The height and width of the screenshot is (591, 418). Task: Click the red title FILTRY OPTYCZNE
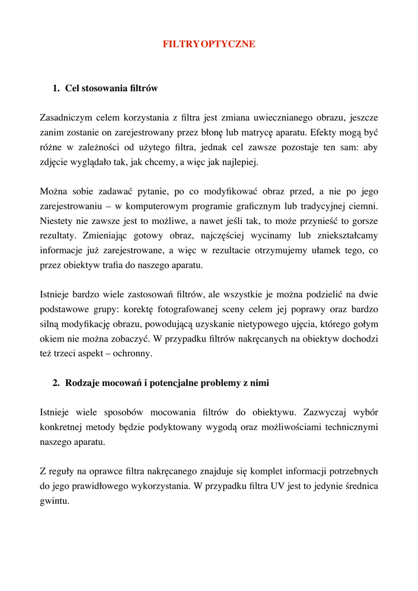[x=209, y=44]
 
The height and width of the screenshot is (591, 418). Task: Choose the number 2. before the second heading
[x=56, y=382]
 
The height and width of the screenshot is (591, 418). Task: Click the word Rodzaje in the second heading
[x=83, y=382]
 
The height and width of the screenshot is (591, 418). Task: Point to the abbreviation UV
[x=278, y=487]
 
